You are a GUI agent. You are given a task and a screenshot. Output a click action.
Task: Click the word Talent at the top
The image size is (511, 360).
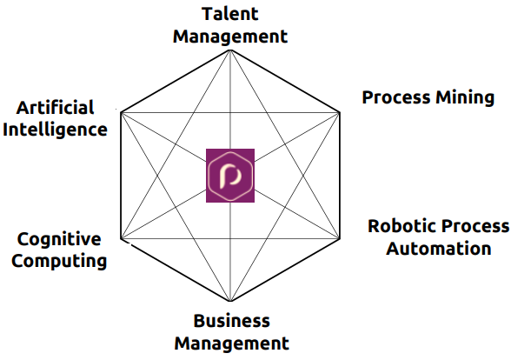[x=230, y=14]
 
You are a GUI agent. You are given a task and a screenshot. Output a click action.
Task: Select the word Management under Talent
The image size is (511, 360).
[x=230, y=37]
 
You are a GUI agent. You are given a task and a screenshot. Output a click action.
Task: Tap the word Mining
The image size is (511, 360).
[x=466, y=97]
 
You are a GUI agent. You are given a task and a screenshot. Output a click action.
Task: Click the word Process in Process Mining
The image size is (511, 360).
[x=396, y=97]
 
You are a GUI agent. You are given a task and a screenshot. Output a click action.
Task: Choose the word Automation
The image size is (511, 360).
[x=439, y=249]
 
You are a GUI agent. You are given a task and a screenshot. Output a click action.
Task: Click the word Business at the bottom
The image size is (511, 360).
[x=232, y=321]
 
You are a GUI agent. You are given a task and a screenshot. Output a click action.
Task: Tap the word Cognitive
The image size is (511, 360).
[x=59, y=240]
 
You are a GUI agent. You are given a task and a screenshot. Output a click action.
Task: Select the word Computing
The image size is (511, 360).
[x=59, y=262]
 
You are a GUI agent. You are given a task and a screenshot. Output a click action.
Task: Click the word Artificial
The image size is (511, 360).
[x=56, y=107]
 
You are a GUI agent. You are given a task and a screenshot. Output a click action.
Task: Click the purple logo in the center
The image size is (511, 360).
[x=230, y=176]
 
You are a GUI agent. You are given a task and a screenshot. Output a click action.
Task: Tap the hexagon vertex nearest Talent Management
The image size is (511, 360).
[x=230, y=50]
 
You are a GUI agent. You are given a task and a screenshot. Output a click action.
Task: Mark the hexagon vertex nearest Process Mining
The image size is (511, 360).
[x=340, y=113]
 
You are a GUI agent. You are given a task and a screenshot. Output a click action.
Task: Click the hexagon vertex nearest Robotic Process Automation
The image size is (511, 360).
[x=340, y=238]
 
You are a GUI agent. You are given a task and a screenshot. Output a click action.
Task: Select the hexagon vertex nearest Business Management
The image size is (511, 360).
[x=230, y=301]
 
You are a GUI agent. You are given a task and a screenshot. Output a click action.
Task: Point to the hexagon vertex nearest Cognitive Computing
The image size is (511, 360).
[x=121, y=238]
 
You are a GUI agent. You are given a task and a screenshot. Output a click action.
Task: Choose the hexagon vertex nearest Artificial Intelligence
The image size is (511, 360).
[x=121, y=113]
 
